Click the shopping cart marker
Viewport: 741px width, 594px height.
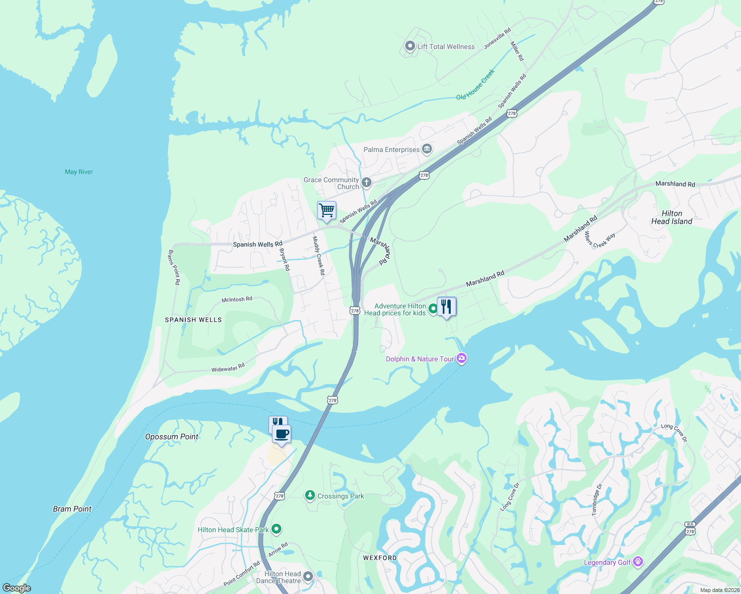tap(326, 211)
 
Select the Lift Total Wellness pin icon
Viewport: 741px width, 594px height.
tap(410, 47)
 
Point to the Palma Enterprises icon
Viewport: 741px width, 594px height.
tap(427, 149)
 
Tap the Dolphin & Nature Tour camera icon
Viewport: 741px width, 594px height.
tap(462, 358)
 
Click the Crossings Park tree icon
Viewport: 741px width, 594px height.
tap(310, 495)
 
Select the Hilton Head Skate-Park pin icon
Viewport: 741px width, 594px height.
tap(277, 530)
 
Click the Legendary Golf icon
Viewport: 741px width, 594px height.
tap(638, 562)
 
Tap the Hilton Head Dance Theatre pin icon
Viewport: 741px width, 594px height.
tap(308, 577)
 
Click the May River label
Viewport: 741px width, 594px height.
tap(79, 172)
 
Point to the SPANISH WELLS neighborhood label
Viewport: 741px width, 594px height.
tap(193, 320)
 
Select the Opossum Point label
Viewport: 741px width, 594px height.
tap(171, 437)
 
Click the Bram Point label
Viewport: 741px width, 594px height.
tap(72, 509)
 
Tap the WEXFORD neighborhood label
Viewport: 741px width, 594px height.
tap(380, 558)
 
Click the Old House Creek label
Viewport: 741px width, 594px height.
tap(476, 85)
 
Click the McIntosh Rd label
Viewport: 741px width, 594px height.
tap(237, 299)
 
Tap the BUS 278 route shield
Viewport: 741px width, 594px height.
tap(690, 528)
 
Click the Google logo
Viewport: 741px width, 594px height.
tap(17, 588)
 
